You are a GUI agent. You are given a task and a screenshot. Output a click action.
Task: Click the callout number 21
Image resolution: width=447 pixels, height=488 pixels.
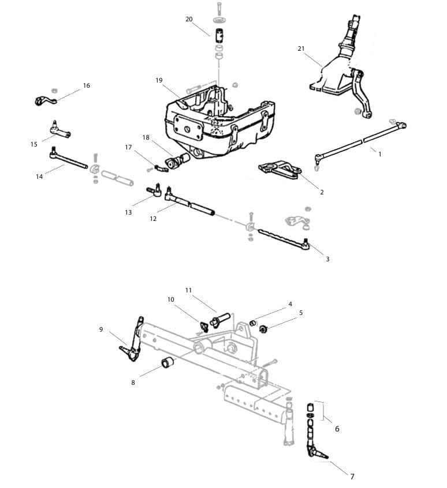[301, 49]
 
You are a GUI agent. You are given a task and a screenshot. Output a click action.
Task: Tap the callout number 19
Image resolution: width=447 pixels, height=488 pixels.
[159, 80]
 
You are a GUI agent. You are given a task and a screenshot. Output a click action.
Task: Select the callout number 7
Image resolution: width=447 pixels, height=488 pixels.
[352, 476]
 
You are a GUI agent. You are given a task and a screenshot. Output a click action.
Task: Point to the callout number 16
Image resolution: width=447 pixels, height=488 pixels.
[87, 85]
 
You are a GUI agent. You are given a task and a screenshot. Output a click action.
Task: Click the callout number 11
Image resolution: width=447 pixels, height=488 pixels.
[188, 290]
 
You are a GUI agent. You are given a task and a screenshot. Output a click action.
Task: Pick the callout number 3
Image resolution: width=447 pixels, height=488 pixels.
[327, 259]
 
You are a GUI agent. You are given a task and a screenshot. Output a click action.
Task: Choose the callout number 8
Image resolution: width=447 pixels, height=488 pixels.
[133, 382]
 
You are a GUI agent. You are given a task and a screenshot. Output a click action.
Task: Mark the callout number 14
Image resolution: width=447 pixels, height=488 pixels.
[39, 177]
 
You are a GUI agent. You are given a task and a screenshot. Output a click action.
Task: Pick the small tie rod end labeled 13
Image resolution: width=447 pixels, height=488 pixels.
[155, 190]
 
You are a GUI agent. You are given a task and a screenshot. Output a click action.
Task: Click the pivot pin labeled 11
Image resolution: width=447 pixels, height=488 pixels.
[221, 318]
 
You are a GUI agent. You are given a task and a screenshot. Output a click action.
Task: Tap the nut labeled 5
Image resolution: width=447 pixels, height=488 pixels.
[263, 329]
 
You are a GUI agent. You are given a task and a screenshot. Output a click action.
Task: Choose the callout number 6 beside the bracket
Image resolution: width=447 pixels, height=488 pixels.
[337, 429]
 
